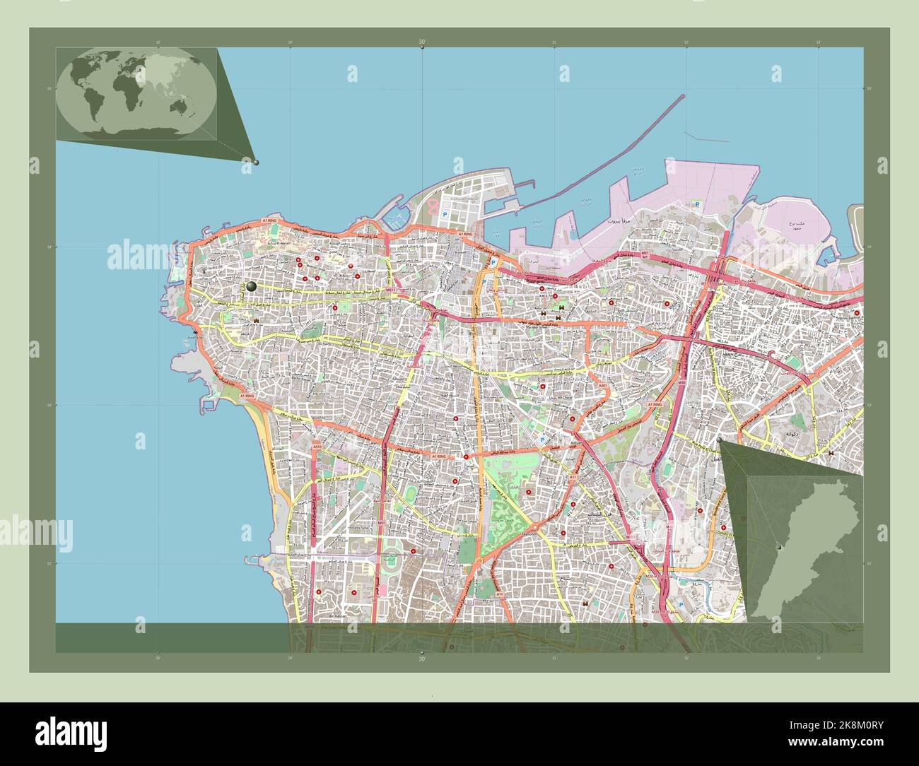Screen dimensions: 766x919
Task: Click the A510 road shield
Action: point(317,447)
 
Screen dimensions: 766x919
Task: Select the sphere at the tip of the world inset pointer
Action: point(256,162)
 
